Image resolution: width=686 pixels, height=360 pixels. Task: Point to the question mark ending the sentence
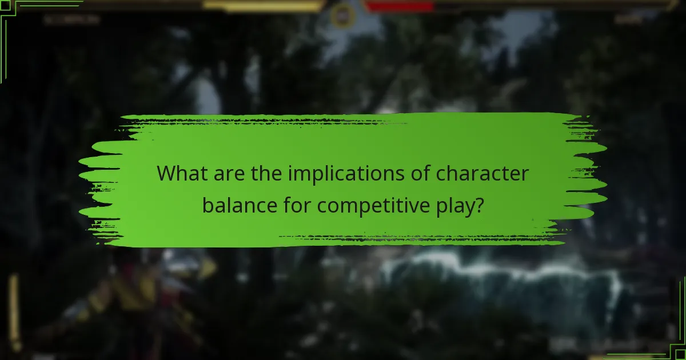pos(478,205)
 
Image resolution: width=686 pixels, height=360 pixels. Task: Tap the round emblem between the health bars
pos(342,15)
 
